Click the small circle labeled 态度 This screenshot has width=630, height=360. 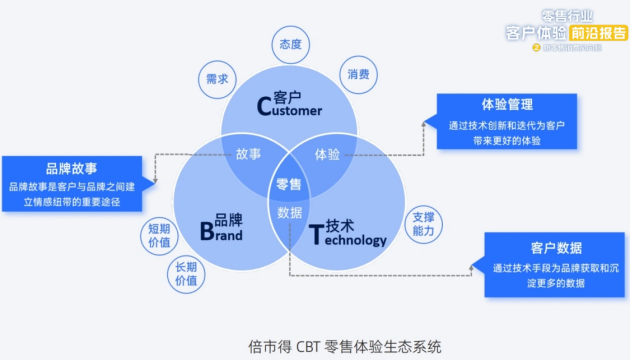[x=290, y=44]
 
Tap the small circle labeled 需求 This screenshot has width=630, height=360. [x=217, y=78]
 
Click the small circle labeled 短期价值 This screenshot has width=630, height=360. [x=159, y=235]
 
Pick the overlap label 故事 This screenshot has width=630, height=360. [x=249, y=155]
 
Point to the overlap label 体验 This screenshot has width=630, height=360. [x=327, y=155]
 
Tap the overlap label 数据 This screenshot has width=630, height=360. [x=290, y=213]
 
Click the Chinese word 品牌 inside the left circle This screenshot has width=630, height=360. [x=228, y=219]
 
